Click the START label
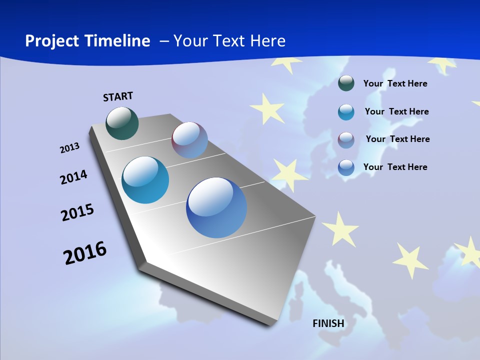118,96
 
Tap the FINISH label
328,323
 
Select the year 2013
70,148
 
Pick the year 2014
74,177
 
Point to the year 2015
77,213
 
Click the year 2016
85,253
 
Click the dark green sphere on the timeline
122,123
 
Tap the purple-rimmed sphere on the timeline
189,140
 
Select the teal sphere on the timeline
145,180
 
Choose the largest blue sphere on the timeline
216,207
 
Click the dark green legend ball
346,83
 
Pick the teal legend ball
346,112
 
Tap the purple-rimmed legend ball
346,139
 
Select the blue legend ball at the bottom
346,167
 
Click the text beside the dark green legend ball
395,83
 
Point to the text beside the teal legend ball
396,111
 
